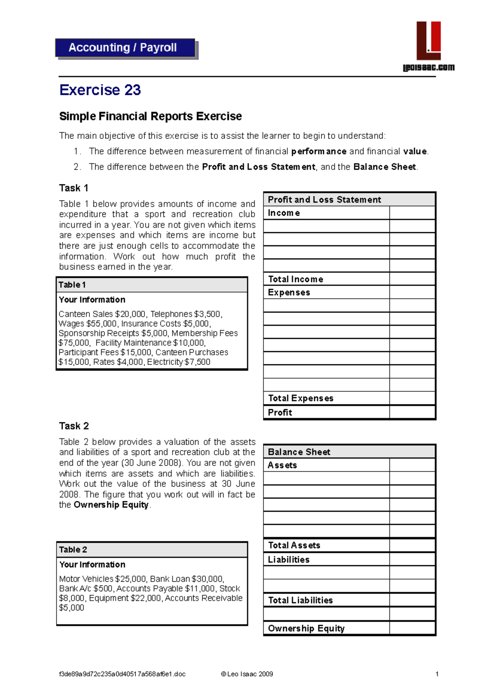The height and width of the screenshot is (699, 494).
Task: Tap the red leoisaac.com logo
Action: [x=429, y=41]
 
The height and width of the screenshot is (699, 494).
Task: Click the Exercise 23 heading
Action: [x=100, y=90]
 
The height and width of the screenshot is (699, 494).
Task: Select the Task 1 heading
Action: [x=74, y=188]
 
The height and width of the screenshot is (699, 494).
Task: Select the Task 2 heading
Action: [x=74, y=426]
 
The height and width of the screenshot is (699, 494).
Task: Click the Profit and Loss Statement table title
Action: [x=324, y=200]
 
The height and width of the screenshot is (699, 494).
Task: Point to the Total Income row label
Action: [x=296, y=279]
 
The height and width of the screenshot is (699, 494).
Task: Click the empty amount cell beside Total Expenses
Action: [x=412, y=398]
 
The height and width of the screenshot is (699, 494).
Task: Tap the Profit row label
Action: [x=280, y=412]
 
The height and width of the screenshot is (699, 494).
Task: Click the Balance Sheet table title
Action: [x=299, y=452]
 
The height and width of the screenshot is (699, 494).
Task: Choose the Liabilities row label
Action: [x=289, y=559]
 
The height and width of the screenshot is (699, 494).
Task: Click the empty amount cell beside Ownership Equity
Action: [x=412, y=628]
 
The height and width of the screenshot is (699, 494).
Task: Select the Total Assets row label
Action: [x=294, y=545]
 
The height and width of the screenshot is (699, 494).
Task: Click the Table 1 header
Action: [x=72, y=285]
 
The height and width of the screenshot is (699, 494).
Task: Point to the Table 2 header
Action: [x=73, y=550]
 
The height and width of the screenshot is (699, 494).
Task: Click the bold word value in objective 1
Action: [x=415, y=151]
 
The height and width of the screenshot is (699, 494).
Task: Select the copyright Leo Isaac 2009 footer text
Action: [x=247, y=674]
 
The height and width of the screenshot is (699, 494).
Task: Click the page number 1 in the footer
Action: [x=437, y=674]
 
